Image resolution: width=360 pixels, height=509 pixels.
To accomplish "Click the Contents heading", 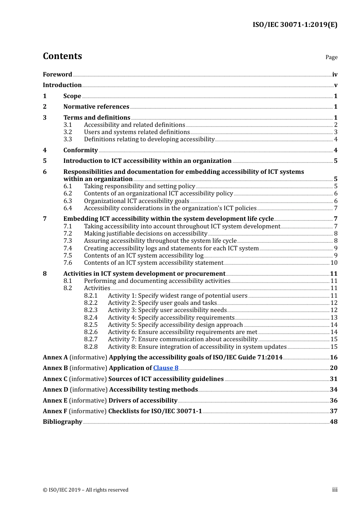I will [x=62, y=56].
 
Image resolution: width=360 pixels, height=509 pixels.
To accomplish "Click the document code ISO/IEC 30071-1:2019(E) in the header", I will [x=295, y=25].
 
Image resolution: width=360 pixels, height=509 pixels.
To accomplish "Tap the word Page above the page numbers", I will [x=331, y=57].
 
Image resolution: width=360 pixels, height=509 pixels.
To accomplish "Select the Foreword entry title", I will [x=57, y=75].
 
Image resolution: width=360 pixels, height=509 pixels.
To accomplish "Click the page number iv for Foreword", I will [x=335, y=75].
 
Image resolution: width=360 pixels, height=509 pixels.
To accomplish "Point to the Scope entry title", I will [x=72, y=96].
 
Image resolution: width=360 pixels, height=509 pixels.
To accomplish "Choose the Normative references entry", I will [x=96, y=107].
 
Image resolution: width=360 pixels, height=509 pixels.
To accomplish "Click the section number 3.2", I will [x=67, y=132].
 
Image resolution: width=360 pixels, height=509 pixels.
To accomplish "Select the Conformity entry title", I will [x=80, y=150].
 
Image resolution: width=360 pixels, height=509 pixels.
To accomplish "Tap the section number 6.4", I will [x=67, y=208].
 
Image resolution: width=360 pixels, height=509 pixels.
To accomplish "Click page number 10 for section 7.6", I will [x=334, y=263].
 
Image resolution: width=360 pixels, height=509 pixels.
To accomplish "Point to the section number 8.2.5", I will [x=91, y=325].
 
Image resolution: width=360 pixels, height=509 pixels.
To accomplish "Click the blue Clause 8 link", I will [x=166, y=368].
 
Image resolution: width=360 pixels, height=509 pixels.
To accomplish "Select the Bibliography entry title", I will [x=63, y=422].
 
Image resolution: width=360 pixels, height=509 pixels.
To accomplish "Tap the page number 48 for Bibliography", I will [x=334, y=422].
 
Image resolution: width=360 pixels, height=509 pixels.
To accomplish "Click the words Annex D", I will [x=55, y=390].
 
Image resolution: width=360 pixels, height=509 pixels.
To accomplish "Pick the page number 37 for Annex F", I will [x=333, y=411].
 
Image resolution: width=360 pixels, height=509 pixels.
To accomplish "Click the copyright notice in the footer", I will [x=86, y=490].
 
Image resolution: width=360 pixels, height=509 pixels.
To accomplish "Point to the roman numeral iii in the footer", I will [x=335, y=490].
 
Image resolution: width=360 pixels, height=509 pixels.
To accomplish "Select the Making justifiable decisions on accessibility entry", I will [x=146, y=234].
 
